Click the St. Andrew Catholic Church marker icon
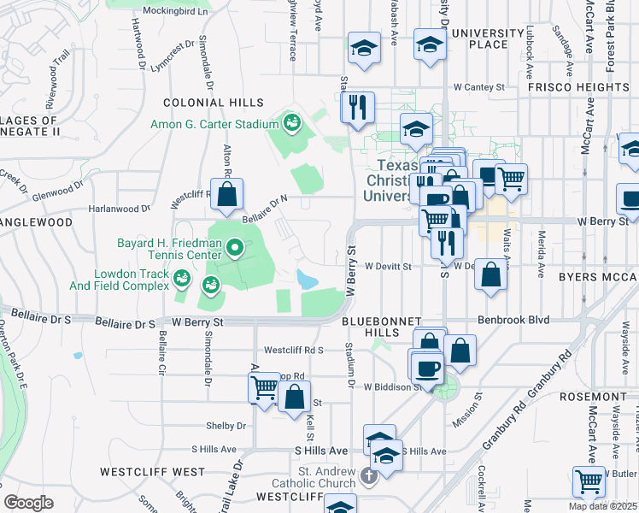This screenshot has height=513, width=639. (368, 475)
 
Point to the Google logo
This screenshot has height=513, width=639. (28, 502)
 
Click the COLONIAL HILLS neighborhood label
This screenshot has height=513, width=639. (208, 103)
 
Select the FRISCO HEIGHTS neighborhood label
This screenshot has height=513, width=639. (577, 87)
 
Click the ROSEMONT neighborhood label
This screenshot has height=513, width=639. (594, 397)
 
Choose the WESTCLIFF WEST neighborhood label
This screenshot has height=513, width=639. (152, 471)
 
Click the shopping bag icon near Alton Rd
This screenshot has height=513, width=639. (227, 196)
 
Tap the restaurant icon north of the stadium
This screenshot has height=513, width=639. (357, 107)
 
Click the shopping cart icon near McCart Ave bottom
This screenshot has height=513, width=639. (589, 482)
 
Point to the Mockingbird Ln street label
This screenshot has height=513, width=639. (174, 12)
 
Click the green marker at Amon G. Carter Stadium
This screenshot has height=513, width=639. (291, 124)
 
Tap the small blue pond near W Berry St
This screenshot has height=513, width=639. (306, 279)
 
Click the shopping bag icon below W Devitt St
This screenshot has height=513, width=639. (491, 276)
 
